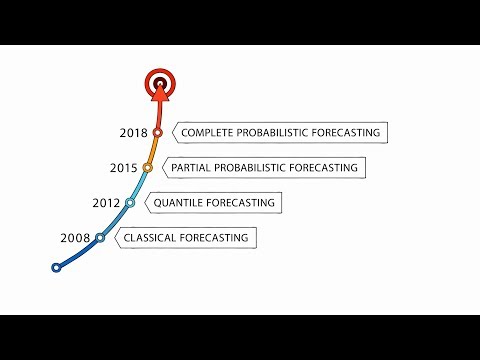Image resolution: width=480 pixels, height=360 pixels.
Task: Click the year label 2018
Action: pos(133,132)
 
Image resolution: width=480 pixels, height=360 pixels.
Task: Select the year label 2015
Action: pos(124,167)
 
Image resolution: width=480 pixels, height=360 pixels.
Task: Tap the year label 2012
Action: pos(106,203)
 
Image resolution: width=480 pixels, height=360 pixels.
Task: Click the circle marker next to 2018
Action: pos(157,132)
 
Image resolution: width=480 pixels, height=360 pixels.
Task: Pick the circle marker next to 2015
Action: pos(148,167)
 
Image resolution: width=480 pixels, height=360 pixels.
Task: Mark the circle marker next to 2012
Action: pos(130,202)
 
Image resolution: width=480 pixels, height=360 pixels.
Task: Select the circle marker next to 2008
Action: pos(99,238)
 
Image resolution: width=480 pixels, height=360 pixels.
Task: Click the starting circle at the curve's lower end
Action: pos(57,267)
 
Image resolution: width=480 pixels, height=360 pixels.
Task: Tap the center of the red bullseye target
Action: pos(157,82)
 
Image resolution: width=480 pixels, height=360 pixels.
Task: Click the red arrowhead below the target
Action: pos(157,95)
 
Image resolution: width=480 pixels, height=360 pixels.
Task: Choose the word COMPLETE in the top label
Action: pos(212,132)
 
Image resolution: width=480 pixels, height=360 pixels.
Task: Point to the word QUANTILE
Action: pos(180,203)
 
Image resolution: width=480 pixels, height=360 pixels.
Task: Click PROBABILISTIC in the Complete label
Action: pos(285,132)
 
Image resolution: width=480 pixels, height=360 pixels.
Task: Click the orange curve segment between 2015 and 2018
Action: pos(153,150)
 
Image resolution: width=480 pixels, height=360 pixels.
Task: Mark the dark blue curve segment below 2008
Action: pos(79,254)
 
